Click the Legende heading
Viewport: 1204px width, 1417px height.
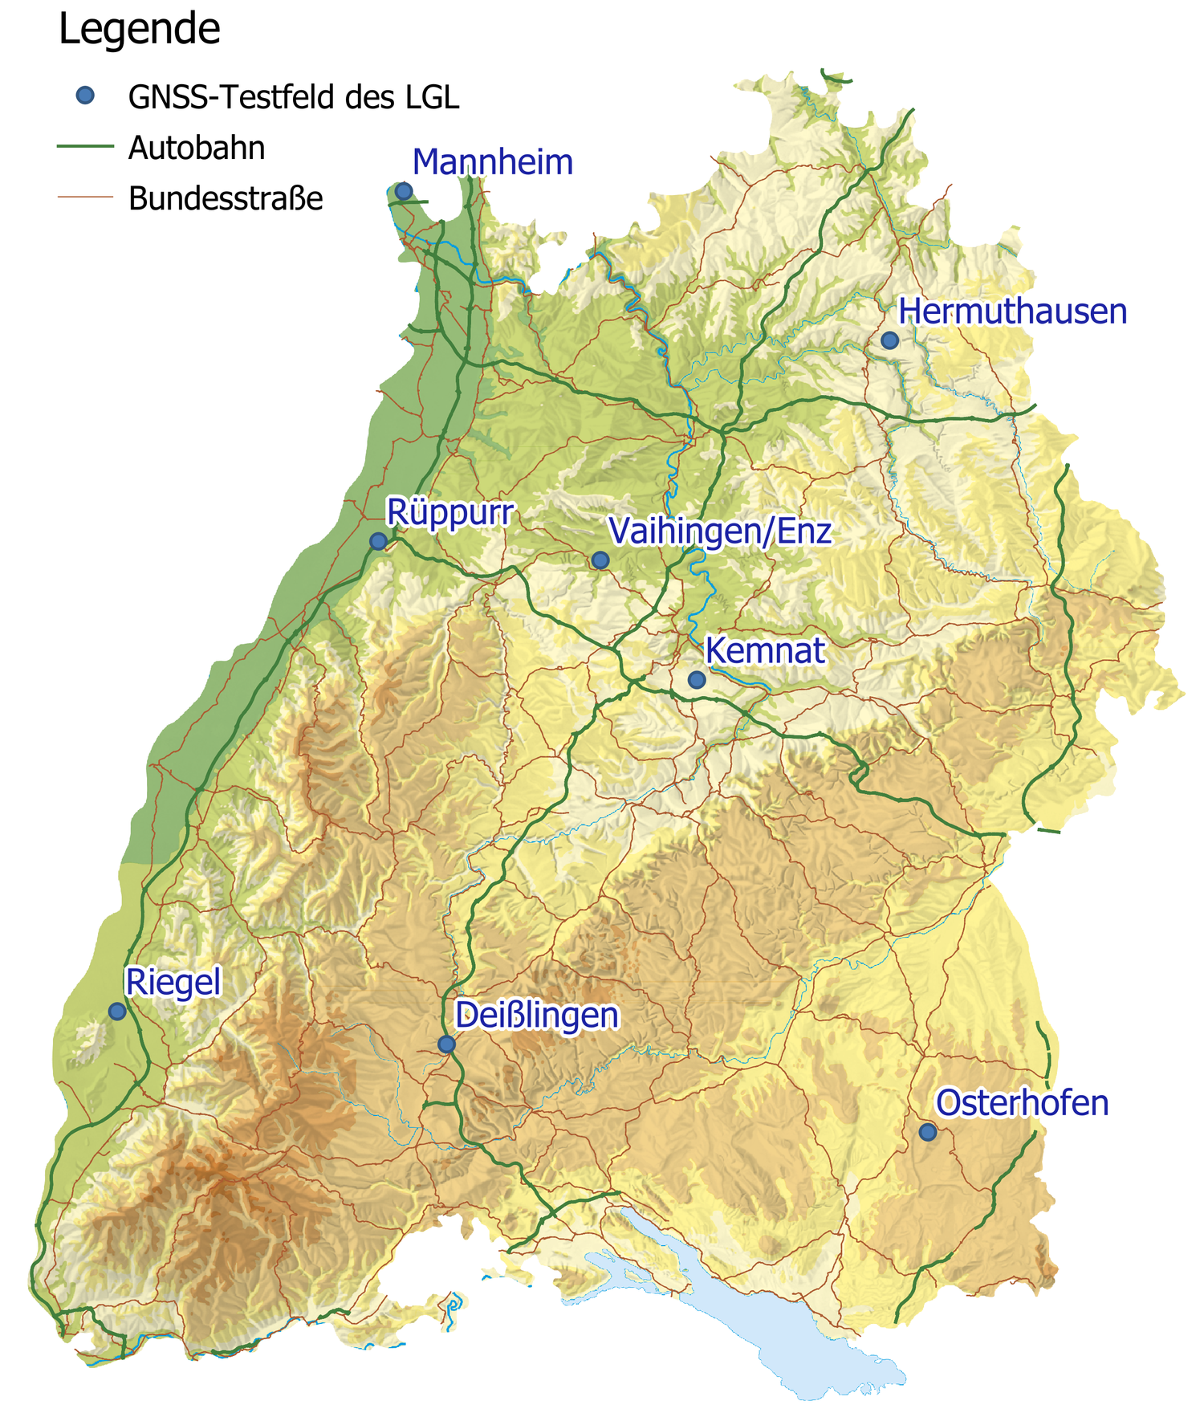[139, 31]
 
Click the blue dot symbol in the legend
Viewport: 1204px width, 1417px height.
[85, 96]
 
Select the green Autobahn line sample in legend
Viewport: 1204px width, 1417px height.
[85, 147]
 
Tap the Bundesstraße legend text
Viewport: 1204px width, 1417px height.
[226, 198]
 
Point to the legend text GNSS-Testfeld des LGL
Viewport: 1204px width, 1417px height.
[294, 97]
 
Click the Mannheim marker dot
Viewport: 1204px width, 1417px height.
[404, 191]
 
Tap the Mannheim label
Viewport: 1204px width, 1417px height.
[492, 162]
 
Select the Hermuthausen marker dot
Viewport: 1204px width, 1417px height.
[889, 340]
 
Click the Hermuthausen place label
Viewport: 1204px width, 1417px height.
[1012, 311]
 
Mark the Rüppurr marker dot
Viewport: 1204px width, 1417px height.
[378, 541]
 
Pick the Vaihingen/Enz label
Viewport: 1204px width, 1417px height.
[719, 531]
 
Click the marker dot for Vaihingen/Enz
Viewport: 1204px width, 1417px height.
[600, 560]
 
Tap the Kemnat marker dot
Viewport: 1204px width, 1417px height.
[697, 680]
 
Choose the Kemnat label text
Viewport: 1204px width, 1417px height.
[765, 650]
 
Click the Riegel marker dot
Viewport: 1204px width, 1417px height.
[117, 1012]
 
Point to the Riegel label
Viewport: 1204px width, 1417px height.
[173, 982]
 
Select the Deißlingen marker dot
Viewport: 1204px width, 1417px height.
[446, 1044]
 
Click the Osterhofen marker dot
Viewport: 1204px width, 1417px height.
[928, 1132]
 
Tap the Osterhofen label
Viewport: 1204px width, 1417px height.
[1022, 1103]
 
